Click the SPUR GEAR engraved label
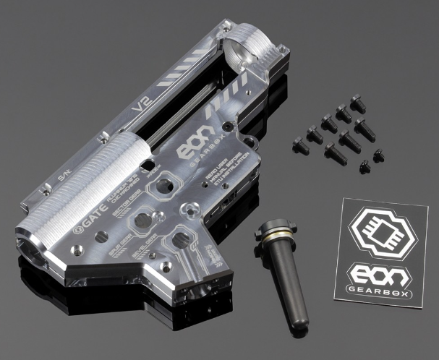pyautogui.click(x=119, y=249)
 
